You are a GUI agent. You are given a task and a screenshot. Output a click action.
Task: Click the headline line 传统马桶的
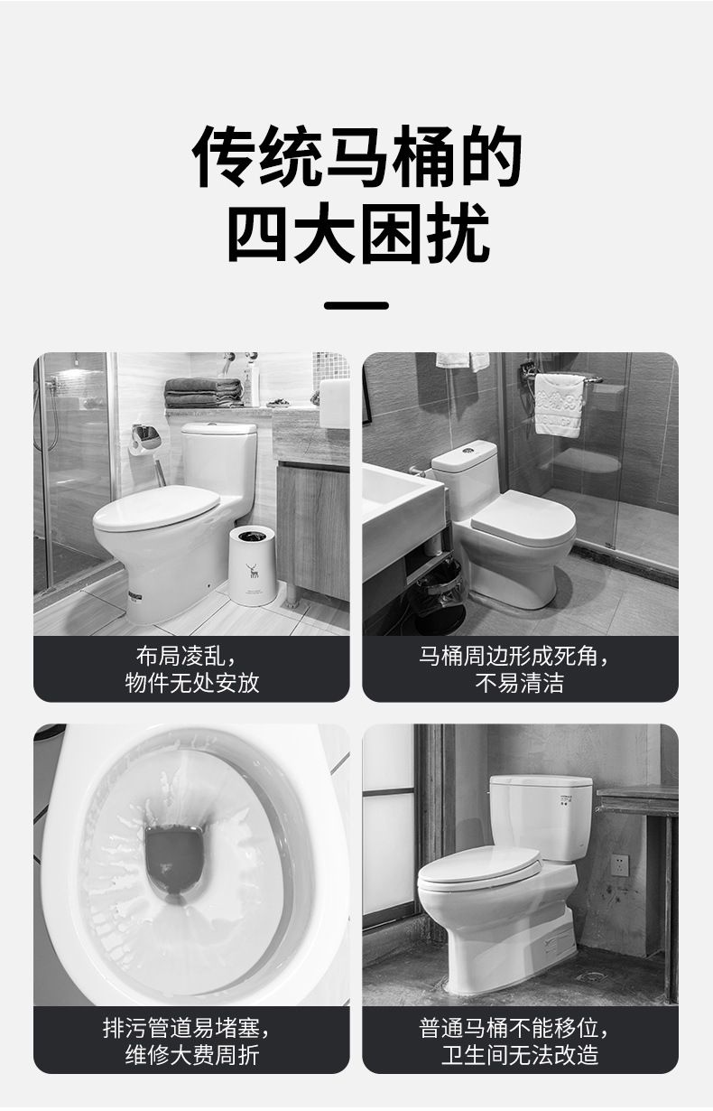click(356, 156)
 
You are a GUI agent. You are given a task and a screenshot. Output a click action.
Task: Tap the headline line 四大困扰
click(358, 232)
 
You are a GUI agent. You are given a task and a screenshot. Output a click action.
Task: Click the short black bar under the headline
click(356, 305)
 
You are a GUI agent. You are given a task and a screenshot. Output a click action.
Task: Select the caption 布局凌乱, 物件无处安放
click(191, 669)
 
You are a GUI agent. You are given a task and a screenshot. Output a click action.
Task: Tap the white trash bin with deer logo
click(253, 565)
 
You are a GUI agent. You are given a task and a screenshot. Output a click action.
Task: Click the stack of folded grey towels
click(203, 393)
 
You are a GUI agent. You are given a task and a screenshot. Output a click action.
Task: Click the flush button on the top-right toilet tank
click(466, 451)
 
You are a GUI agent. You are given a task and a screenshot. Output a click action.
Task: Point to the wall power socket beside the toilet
click(620, 865)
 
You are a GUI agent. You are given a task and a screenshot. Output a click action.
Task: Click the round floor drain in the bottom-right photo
click(593, 976)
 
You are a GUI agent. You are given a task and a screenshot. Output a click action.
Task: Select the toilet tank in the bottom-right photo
click(541, 817)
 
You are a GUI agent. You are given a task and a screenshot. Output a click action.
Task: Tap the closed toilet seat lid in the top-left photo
click(156, 507)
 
